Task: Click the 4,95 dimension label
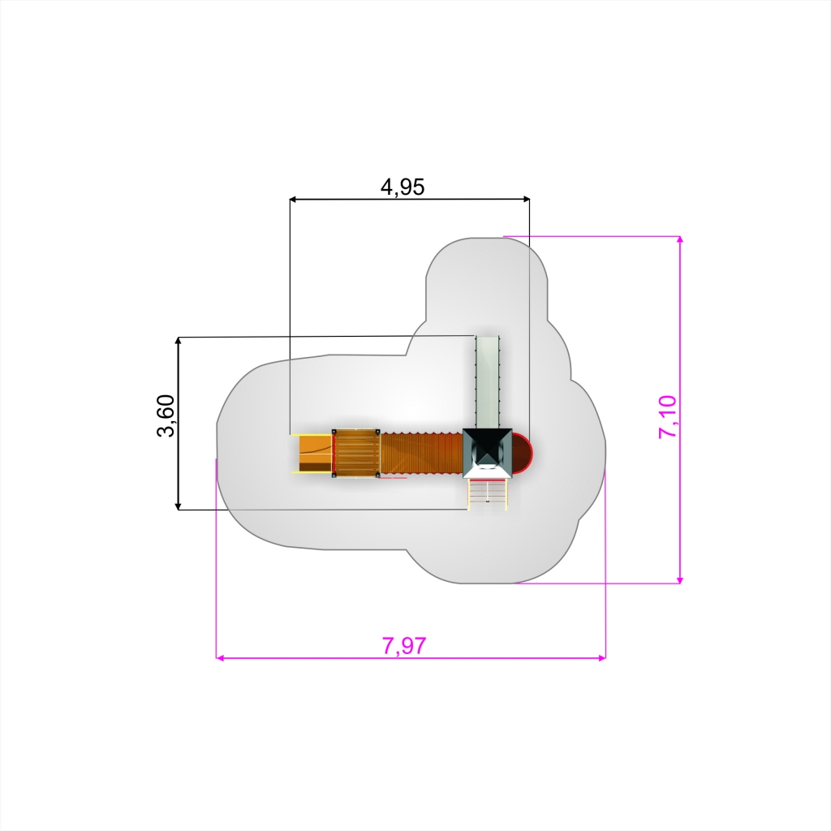403,187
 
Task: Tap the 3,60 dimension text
166,415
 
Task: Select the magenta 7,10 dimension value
667,416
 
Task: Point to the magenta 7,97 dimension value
404,645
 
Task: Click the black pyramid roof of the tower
488,453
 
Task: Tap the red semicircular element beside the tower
522,453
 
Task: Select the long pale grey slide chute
488,382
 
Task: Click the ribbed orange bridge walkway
421,453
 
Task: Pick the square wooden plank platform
356,453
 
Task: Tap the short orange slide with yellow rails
312,453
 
